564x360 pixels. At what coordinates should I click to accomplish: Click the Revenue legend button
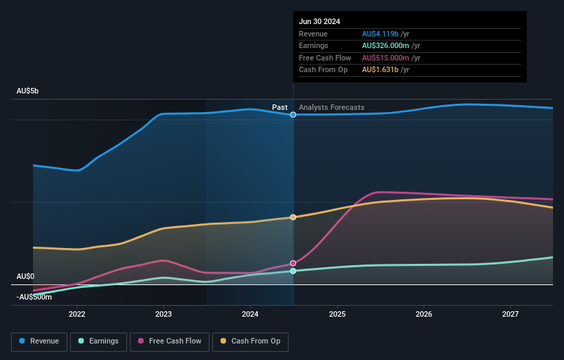(x=40, y=341)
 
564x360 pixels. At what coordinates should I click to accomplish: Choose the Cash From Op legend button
(x=251, y=341)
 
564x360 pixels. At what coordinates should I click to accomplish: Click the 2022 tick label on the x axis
(x=77, y=314)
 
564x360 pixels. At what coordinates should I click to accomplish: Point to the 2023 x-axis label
(x=163, y=314)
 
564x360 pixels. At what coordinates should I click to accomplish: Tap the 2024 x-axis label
(x=250, y=314)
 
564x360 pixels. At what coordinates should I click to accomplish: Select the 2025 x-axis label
(x=337, y=314)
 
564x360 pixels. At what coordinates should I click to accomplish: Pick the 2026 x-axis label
(x=424, y=314)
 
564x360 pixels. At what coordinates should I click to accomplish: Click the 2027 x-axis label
(x=510, y=314)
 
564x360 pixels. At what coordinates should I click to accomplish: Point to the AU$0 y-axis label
(x=26, y=276)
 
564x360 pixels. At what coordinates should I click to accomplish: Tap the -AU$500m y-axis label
(x=34, y=297)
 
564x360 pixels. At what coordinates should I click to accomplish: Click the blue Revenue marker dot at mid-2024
(x=293, y=115)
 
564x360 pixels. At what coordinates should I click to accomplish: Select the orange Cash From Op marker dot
(x=293, y=217)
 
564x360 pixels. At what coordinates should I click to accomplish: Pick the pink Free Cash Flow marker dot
(x=293, y=263)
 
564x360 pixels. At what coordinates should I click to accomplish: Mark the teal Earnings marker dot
(x=293, y=271)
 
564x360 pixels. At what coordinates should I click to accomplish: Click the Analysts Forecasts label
(x=332, y=107)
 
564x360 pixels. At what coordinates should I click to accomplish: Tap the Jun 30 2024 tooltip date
(x=319, y=21)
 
